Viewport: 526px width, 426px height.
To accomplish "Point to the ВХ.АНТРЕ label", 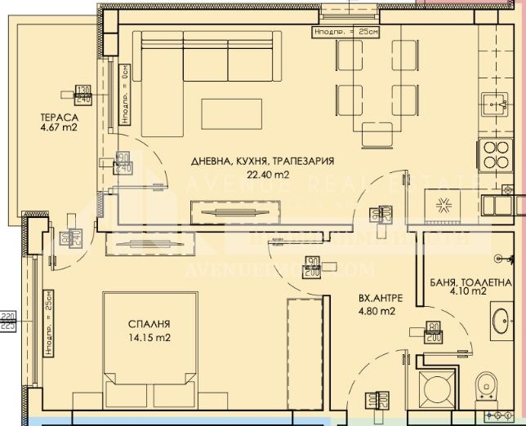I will point(377,299).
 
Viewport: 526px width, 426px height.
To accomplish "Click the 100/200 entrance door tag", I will point(377,400).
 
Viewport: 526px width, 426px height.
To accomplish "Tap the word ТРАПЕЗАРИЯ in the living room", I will point(303,161).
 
